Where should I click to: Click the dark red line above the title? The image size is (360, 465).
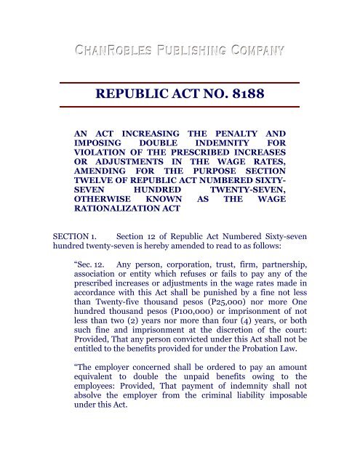point(179,82)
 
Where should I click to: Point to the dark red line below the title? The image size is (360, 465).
point(179,108)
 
